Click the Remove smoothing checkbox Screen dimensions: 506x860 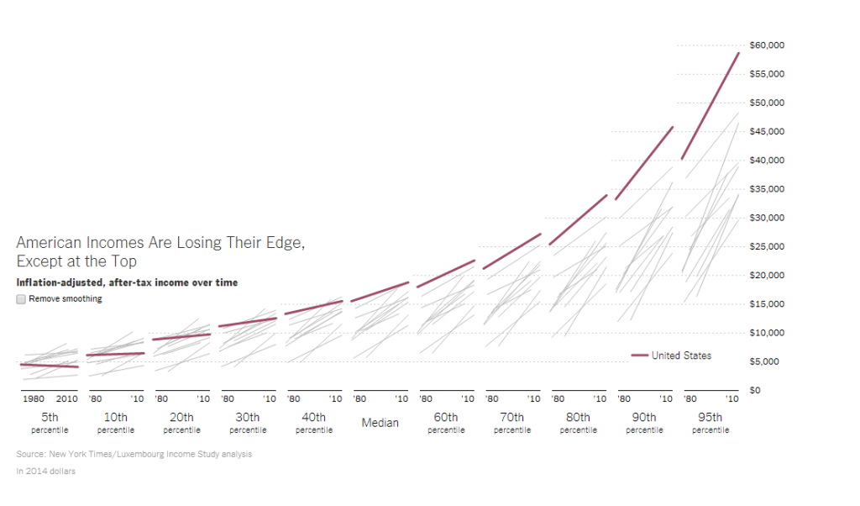(21, 298)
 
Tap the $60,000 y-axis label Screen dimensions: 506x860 (767, 45)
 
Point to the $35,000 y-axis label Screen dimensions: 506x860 (767, 189)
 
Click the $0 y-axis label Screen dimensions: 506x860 (754, 390)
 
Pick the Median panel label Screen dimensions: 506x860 (380, 423)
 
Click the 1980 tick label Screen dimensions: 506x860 (34, 398)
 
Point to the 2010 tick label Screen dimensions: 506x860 (67, 398)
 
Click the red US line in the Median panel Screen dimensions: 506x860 (380, 292)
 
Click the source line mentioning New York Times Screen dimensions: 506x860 (134, 454)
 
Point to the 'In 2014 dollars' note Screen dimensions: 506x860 (45, 471)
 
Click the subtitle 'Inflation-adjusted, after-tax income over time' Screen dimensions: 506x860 (127, 282)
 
